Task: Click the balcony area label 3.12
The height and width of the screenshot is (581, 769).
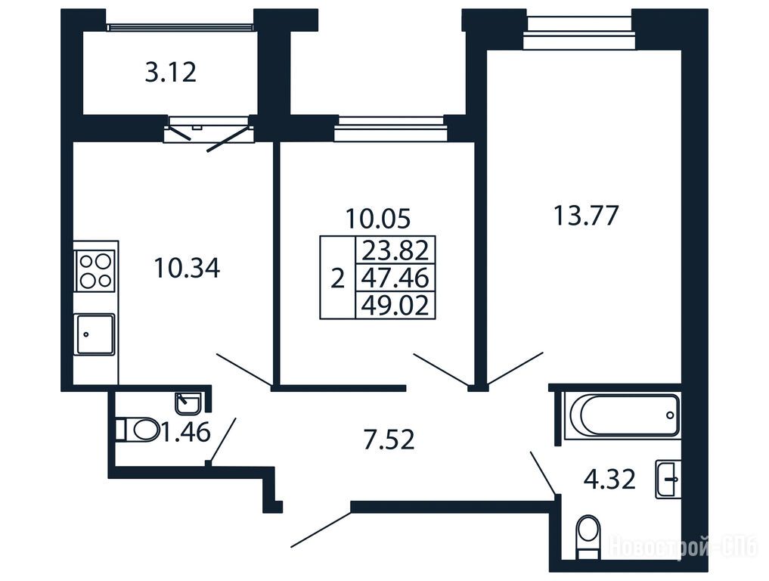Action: [171, 72]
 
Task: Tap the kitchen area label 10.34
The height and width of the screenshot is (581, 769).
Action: [187, 268]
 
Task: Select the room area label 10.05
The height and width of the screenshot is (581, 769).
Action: [377, 219]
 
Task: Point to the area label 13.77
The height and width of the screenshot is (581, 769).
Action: [586, 216]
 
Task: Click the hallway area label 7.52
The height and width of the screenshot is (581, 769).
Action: [389, 440]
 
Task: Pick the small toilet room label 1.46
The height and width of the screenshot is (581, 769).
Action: [186, 432]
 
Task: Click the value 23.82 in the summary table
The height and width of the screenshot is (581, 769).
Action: [395, 250]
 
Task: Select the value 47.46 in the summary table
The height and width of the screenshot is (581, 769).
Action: [395, 278]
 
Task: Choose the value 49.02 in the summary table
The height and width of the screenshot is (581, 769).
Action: [395, 305]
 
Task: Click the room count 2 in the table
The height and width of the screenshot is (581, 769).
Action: [337, 278]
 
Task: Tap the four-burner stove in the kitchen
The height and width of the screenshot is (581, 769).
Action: [95, 271]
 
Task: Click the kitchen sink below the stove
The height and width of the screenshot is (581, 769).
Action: [95, 334]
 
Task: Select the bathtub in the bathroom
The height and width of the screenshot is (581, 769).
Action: [622, 415]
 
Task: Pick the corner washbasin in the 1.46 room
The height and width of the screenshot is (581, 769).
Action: [188, 403]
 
